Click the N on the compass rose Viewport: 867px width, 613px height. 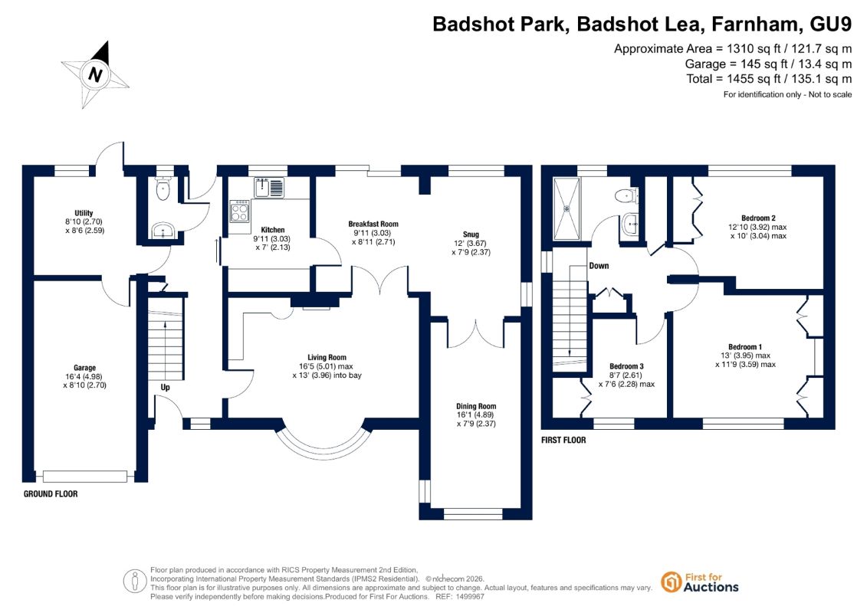point(95,74)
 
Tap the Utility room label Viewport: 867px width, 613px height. point(84,213)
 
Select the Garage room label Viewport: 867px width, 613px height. point(84,368)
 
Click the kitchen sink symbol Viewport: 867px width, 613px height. point(269,188)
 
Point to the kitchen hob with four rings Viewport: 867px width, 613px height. point(239,210)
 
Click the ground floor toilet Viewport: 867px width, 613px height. point(163,189)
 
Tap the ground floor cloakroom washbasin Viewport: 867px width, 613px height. point(163,229)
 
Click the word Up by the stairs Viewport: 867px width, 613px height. point(166,388)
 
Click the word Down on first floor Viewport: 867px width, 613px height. point(599,266)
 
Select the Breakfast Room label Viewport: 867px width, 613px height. point(373,224)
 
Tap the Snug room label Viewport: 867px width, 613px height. point(471,234)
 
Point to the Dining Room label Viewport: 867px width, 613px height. point(476,406)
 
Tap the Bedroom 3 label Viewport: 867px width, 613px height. point(626,366)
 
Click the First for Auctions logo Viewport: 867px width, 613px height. point(700,582)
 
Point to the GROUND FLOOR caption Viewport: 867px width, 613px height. point(51,494)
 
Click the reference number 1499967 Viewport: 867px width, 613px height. point(468,597)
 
